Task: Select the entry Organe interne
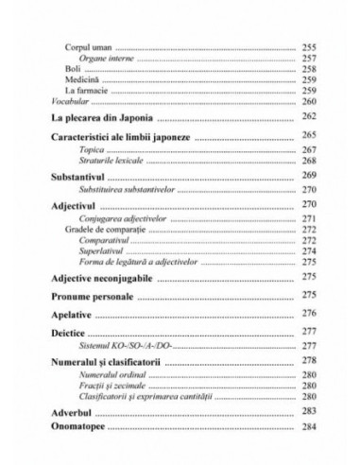[x=105, y=59]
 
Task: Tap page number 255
[x=308, y=46]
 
